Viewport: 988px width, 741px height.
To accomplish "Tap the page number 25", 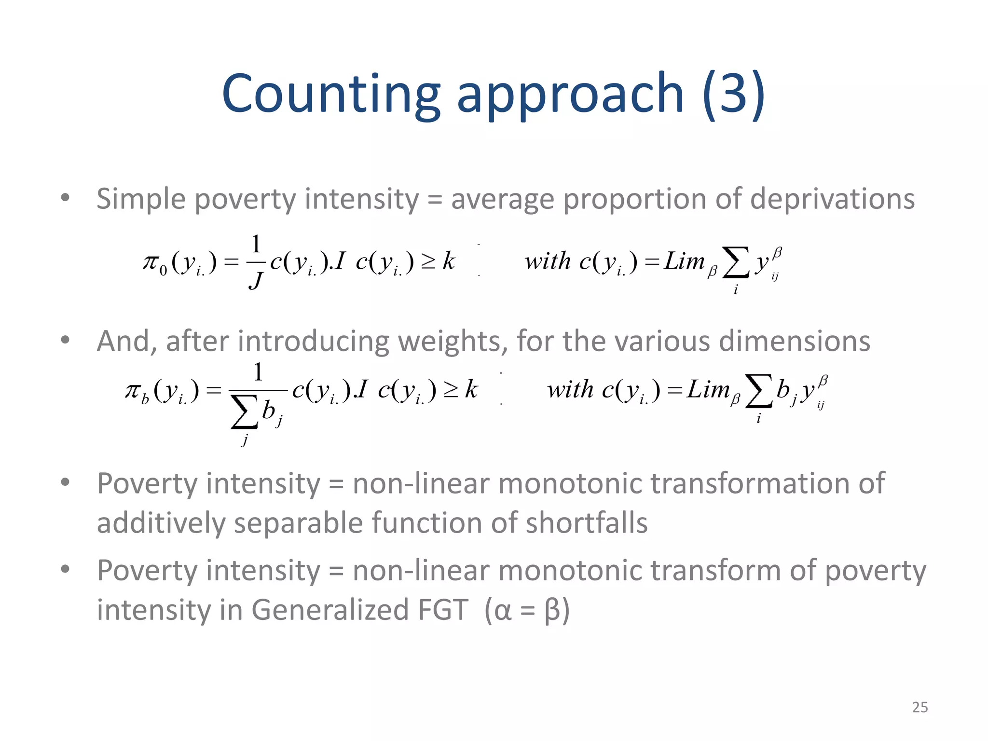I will click(919, 707).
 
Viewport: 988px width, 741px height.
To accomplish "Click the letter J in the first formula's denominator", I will click(256, 280).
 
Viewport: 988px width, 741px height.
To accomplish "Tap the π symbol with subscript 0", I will click(154, 263).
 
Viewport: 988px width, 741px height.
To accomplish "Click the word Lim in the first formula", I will click(685, 262).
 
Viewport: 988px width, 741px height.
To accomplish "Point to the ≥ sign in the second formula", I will click(451, 391).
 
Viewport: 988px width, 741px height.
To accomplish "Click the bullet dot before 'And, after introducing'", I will click(65, 340).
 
